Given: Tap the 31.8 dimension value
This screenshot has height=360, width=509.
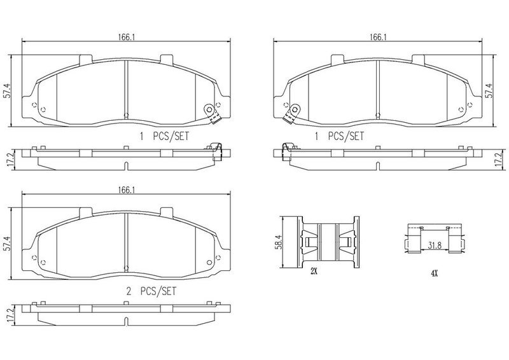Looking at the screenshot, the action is point(435,245).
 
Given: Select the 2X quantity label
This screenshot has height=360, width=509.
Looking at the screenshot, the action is point(314,272).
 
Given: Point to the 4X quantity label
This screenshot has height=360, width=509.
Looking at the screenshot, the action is point(435,273).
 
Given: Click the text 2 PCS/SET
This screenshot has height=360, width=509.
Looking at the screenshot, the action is point(151,291).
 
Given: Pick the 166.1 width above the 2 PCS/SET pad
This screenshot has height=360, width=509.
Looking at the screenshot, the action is point(126,190).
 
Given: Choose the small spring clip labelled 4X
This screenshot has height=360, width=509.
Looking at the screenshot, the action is point(435,239).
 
